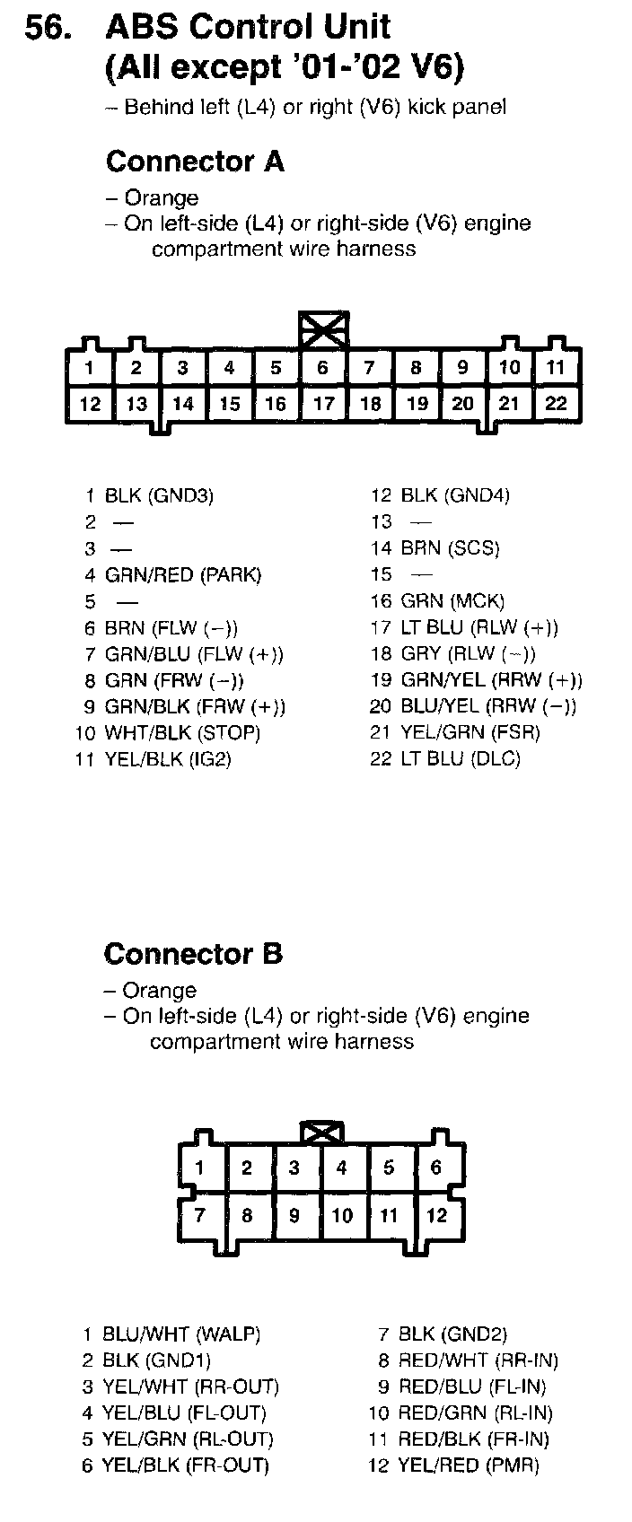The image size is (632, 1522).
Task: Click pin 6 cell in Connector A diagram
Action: click(322, 368)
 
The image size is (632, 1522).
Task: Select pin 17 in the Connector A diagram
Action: click(323, 404)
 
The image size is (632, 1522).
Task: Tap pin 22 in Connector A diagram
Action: click(557, 404)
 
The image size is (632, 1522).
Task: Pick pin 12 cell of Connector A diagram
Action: click(90, 404)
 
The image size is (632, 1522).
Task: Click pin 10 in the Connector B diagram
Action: click(342, 1216)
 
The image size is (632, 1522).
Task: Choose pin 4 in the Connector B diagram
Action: click(342, 1168)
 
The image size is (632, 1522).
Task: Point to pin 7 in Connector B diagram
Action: click(200, 1216)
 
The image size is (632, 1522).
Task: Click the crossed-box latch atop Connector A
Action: click(324, 329)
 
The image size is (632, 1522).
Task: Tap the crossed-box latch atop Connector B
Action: click(323, 1133)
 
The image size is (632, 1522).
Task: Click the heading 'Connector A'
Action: click(195, 162)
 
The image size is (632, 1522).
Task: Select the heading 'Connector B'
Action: click(193, 953)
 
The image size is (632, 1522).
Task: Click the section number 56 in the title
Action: click(47, 29)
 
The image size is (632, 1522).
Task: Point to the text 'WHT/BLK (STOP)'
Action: click(182, 733)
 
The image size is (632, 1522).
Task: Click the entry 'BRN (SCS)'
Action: click(450, 548)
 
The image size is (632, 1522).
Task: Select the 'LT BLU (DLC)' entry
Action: click(460, 759)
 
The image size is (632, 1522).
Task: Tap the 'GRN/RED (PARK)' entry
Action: click(183, 574)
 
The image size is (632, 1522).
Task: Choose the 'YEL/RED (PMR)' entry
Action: click(469, 1465)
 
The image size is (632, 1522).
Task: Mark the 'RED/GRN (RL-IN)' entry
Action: click(475, 1413)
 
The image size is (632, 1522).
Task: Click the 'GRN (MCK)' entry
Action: click(452, 601)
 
